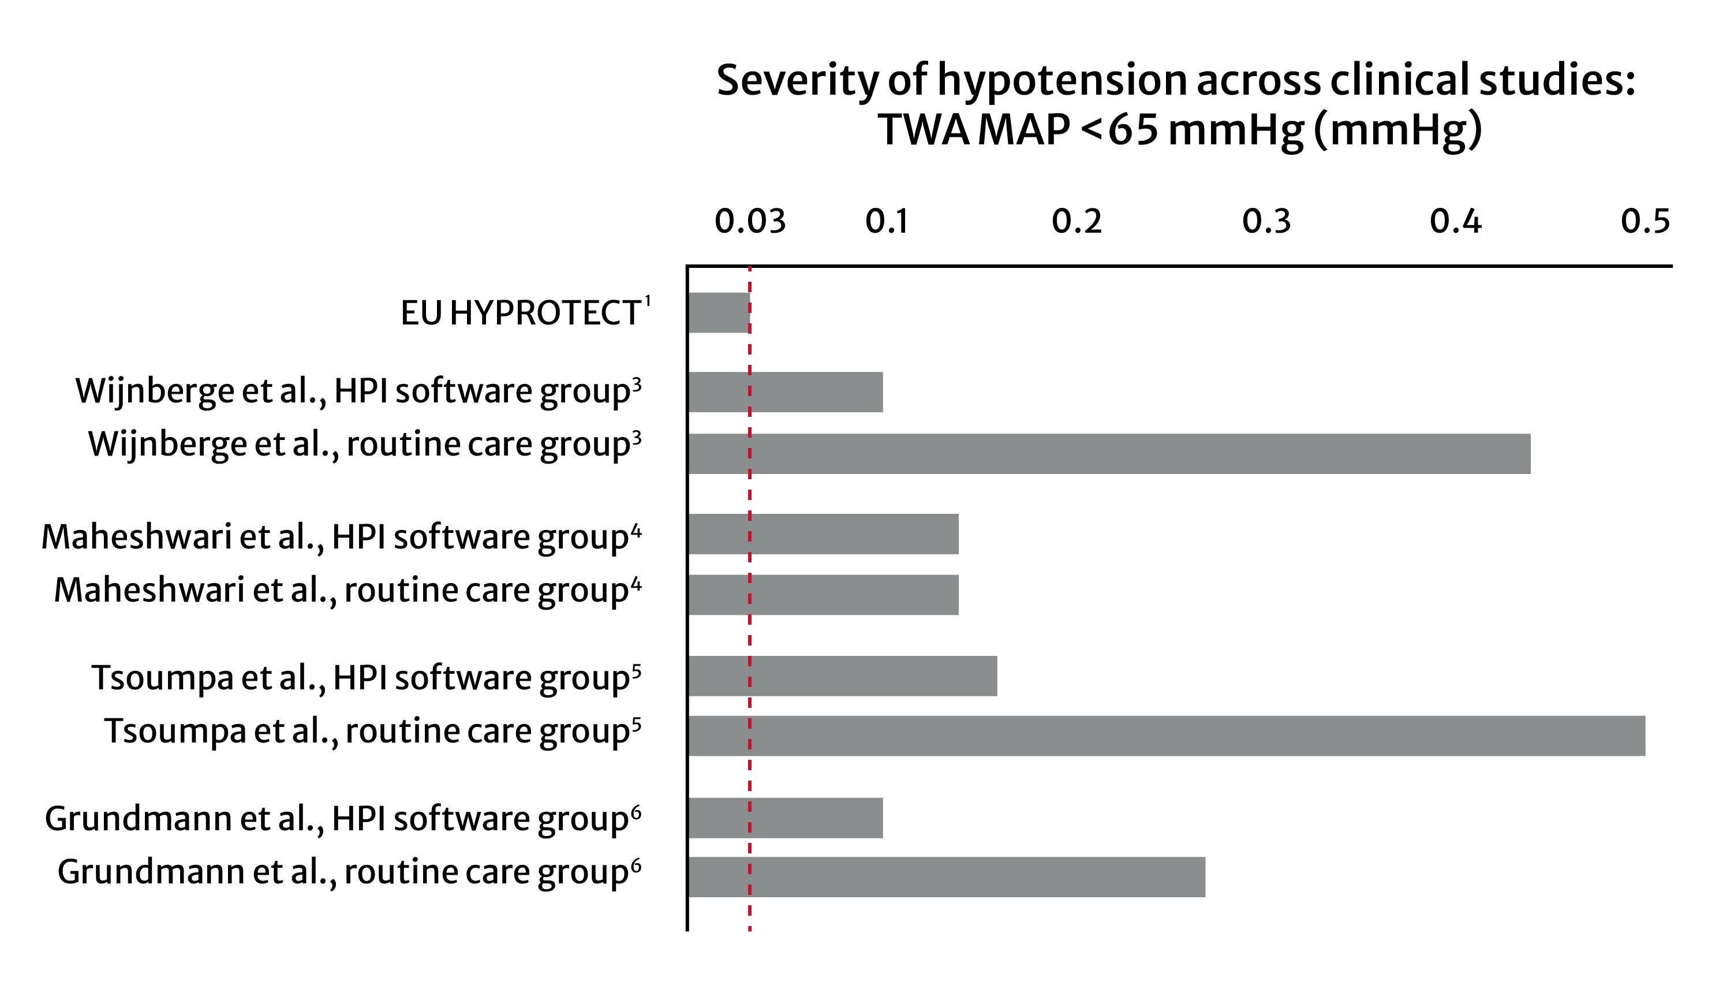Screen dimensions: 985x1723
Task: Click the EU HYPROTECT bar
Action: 718,312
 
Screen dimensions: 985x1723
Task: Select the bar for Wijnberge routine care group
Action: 1109,454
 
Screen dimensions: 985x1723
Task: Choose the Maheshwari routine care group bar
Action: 823,595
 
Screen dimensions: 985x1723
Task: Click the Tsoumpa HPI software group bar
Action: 842,676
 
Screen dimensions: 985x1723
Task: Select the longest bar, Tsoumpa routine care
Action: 1167,736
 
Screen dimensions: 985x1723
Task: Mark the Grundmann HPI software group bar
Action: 785,818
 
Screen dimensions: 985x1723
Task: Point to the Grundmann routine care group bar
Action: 947,878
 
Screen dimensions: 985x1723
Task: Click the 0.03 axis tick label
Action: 750,222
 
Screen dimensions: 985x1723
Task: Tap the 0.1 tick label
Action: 887,222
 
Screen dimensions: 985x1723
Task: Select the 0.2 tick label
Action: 1077,222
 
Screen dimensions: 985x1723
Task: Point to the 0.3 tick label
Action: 1266,222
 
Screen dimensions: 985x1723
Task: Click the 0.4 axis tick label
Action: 1455,222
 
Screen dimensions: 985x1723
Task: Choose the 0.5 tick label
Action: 1645,222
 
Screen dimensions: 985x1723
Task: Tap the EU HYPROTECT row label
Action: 520,313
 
